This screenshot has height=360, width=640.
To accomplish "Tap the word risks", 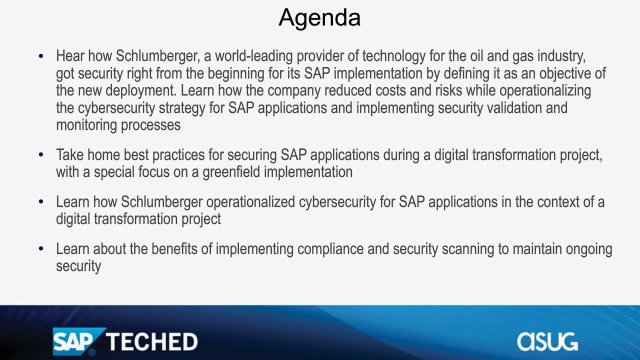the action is tap(448, 90).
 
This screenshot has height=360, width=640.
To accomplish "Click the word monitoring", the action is tap(86, 126).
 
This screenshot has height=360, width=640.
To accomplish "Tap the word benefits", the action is tap(174, 249).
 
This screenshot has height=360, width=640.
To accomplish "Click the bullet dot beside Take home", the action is tap(41, 155).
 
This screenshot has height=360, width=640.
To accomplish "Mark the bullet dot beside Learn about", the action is tap(41, 249).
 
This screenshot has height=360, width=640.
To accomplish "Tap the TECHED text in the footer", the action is tap(152, 341).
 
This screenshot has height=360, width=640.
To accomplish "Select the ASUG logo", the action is tap(547, 341).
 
